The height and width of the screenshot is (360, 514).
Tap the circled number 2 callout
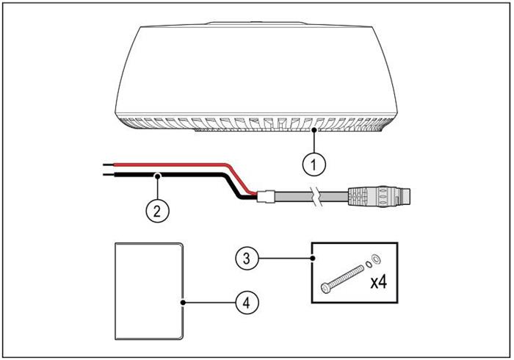point(155,209)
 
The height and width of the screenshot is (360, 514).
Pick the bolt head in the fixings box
point(326,287)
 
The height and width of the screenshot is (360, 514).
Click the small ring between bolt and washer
point(366,263)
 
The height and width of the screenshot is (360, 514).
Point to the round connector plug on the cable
point(390,196)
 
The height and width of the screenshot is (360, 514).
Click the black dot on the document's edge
point(181,300)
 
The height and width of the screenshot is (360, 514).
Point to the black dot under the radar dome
point(315,130)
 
